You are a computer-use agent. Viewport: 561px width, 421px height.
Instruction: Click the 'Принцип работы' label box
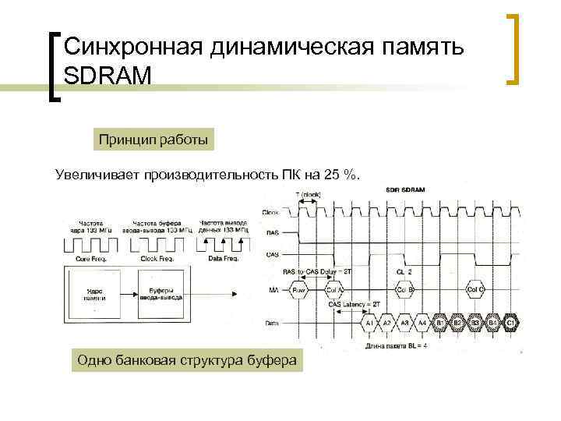click(153, 140)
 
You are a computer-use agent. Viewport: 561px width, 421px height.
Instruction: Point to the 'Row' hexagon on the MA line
click(299, 291)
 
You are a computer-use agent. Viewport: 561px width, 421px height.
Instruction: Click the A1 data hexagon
click(369, 324)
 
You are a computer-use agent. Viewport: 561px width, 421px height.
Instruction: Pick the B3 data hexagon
click(475, 324)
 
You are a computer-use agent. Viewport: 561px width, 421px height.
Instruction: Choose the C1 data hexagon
click(511, 324)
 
